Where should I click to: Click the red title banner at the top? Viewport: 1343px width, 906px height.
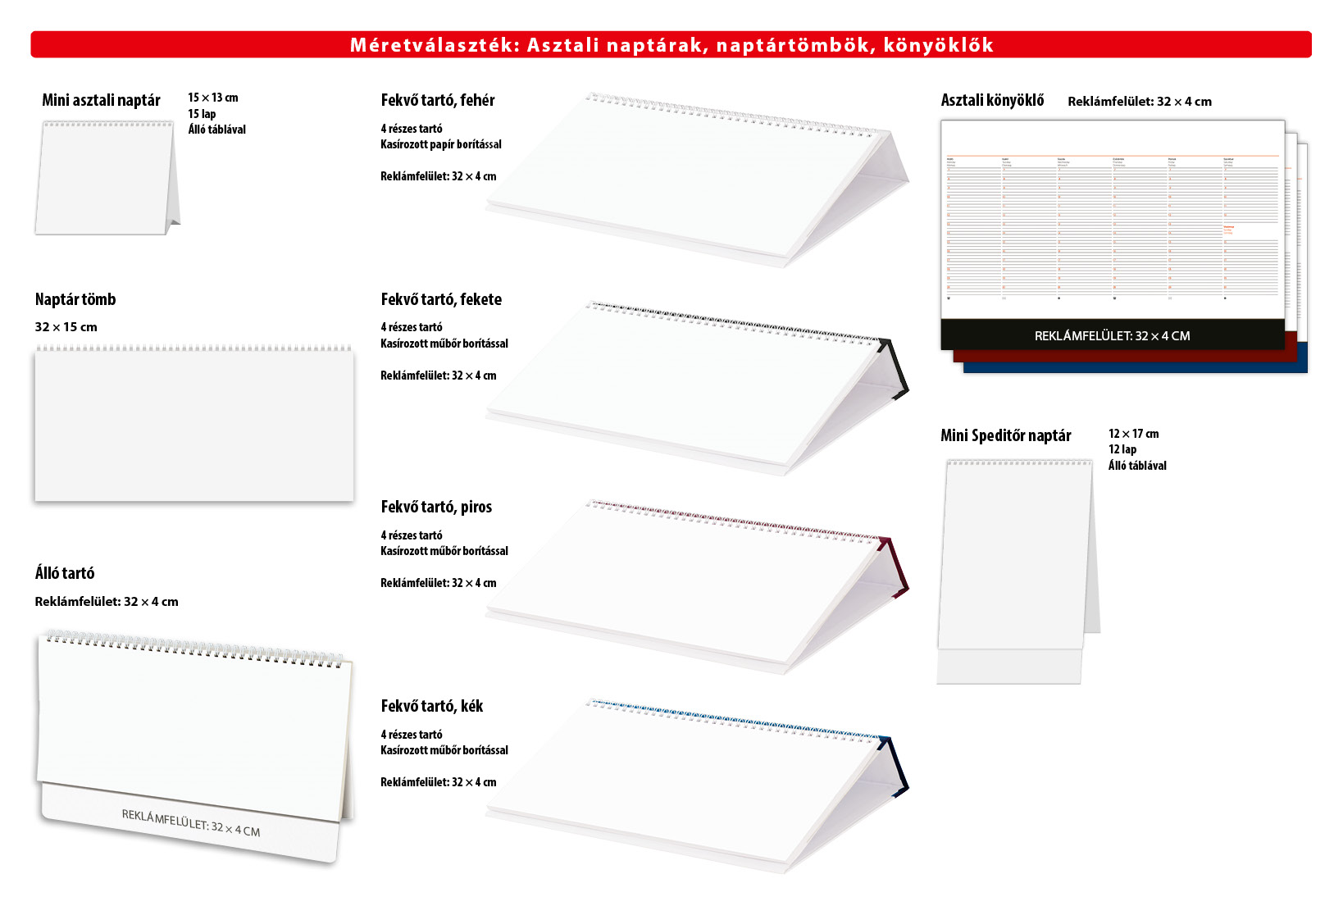coord(671,44)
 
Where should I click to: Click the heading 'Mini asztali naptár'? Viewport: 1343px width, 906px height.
coord(101,100)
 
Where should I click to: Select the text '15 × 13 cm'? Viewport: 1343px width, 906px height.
coord(212,98)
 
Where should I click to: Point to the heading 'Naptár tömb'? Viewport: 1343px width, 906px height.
coord(75,299)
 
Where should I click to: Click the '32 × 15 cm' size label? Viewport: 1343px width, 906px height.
coord(66,327)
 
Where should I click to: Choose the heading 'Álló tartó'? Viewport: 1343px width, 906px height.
coord(65,573)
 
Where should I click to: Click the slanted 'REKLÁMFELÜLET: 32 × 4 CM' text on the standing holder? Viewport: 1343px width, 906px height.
coord(191,822)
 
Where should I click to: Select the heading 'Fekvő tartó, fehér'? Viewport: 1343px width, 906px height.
coord(438,100)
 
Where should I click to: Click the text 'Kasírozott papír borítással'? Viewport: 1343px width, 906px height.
coord(441,144)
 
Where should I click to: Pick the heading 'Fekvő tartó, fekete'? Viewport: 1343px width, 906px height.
coord(441,299)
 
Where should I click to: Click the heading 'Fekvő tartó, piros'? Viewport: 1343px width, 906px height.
coord(436,507)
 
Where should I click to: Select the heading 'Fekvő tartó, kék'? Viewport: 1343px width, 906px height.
coord(432,706)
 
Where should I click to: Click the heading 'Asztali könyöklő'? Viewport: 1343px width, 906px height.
coord(992,100)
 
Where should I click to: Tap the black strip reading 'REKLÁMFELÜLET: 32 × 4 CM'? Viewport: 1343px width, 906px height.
coord(1112,335)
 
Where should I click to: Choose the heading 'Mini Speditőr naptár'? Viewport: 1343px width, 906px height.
coord(1005,435)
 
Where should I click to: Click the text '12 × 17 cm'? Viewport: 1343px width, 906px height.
coord(1133,434)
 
